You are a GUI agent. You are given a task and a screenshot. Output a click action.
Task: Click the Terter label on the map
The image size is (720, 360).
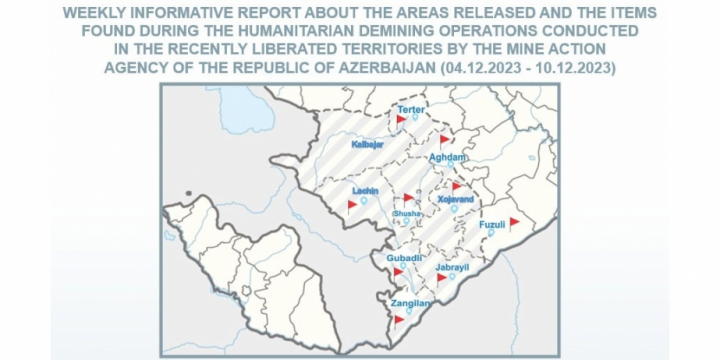coord(412,108)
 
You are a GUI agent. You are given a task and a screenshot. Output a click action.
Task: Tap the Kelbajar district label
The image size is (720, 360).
coord(368,145)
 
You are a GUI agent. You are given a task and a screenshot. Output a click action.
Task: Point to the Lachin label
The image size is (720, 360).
coord(365,190)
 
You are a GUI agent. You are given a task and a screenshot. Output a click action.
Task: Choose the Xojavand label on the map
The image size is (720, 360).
coord(456,200)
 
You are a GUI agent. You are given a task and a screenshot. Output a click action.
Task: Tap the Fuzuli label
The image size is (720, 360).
coord(493,224)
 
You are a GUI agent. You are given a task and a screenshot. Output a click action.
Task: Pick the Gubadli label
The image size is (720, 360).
coord(404,259)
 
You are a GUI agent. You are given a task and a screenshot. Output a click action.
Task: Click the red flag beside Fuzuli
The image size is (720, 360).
coord(514,222)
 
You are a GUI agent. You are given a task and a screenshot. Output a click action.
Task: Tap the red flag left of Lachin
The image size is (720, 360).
coord(352,206)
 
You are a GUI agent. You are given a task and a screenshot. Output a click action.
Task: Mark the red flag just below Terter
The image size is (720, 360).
coord(400,119)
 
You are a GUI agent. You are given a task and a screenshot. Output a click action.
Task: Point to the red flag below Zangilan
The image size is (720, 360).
coord(399,319)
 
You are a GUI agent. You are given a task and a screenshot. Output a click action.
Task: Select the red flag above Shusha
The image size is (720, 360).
coord(407,198)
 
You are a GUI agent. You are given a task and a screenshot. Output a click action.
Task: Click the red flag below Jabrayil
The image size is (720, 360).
coord(441,278)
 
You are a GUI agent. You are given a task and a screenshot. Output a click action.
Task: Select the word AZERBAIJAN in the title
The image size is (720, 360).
coord(376,66)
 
